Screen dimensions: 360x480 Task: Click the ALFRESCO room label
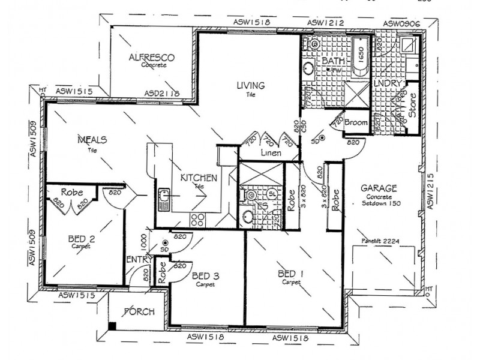click(152, 58)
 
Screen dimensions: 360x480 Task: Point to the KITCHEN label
click(199, 178)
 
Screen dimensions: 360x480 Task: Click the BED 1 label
click(290, 274)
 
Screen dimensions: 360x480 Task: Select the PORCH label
click(138, 312)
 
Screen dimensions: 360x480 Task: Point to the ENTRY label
click(137, 260)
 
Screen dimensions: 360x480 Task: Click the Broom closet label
click(355, 122)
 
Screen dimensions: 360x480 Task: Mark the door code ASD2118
click(162, 94)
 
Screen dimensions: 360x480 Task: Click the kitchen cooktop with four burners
click(197, 220)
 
